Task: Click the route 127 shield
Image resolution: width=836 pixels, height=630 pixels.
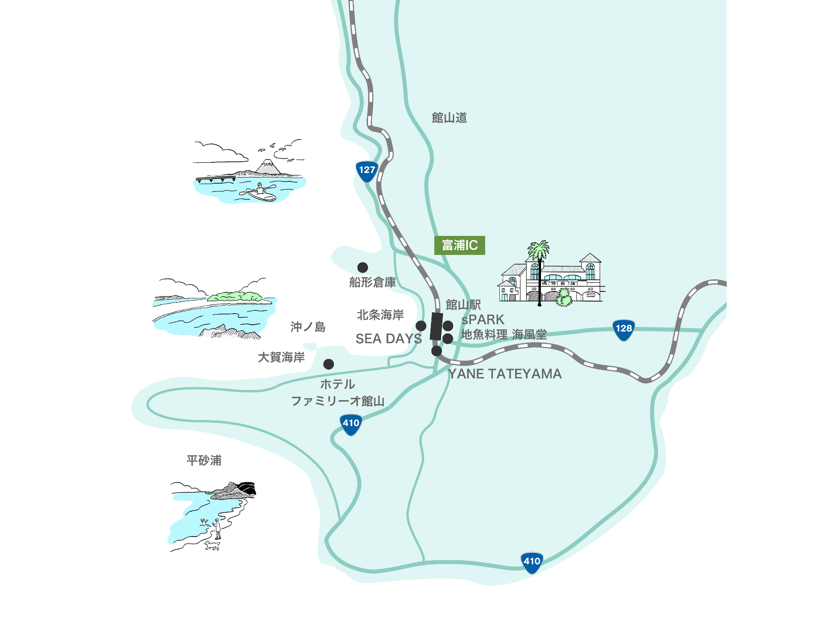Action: (x=367, y=170)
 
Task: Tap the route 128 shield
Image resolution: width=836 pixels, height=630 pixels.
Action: (x=623, y=329)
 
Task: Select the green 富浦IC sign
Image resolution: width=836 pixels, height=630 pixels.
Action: (x=460, y=245)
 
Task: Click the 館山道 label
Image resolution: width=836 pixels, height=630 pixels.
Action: (x=449, y=118)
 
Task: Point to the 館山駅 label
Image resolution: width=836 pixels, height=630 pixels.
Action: (x=463, y=305)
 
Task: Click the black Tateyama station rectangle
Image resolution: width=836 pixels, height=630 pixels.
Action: (x=436, y=326)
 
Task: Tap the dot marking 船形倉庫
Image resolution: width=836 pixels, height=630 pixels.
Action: (x=363, y=267)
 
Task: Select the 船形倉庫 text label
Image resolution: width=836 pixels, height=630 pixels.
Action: (x=373, y=282)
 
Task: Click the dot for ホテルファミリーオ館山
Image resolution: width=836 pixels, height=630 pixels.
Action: (x=328, y=364)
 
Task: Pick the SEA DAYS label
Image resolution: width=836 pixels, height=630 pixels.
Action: (x=388, y=339)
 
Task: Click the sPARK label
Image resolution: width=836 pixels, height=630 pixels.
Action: (x=483, y=320)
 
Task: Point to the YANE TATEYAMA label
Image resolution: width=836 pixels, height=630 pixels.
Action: (x=504, y=374)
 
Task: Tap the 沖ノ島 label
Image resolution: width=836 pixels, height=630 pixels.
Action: (x=308, y=327)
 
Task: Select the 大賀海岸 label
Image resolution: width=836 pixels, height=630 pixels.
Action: (x=281, y=357)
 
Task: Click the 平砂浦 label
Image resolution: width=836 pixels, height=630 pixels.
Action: (x=204, y=460)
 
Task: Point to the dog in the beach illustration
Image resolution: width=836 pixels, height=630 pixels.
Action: (x=212, y=546)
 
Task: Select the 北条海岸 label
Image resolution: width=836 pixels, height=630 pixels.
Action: (x=380, y=315)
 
